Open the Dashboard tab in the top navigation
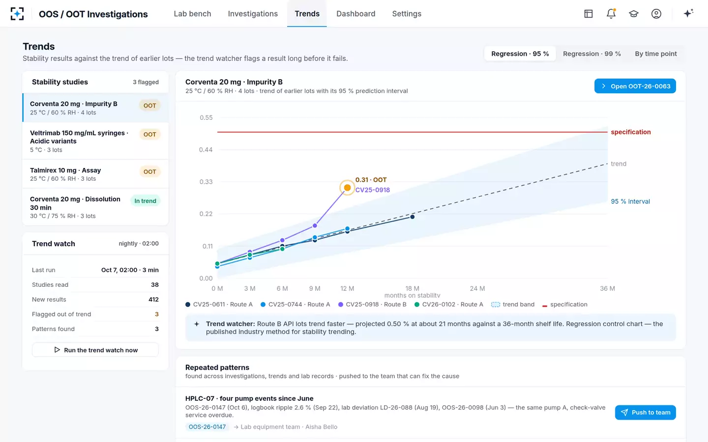[x=355, y=14]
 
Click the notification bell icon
[x=611, y=14]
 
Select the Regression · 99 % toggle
[x=591, y=54]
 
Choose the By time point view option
[x=656, y=54]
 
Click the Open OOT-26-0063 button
[x=635, y=86]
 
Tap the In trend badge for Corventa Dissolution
[x=146, y=201]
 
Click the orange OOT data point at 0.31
[x=347, y=188]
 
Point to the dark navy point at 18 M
[x=412, y=217]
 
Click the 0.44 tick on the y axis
[x=206, y=150]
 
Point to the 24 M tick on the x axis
[x=477, y=288]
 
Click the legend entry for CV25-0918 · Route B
[x=372, y=304]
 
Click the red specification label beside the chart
[x=630, y=132]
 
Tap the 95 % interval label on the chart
[x=630, y=201]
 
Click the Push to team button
[x=646, y=413]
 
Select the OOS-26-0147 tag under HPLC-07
[x=207, y=427]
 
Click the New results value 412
[x=153, y=299]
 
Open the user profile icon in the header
[x=656, y=14]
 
